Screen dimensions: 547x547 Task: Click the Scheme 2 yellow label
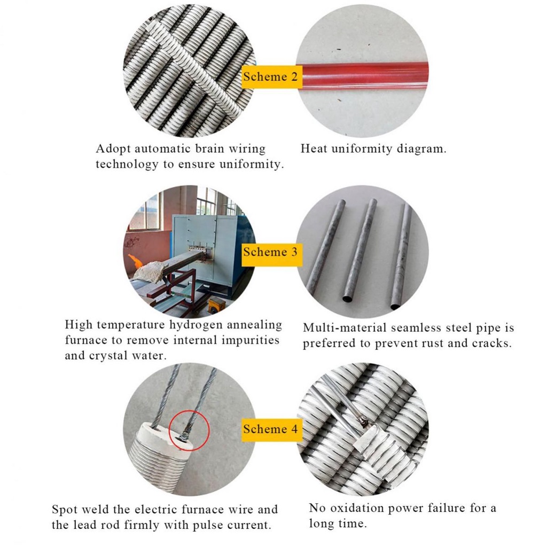coord(272,76)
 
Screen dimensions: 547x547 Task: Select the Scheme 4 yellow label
coord(272,429)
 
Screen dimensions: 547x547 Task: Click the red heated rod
coord(363,75)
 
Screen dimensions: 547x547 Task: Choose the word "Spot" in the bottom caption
coord(63,509)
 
